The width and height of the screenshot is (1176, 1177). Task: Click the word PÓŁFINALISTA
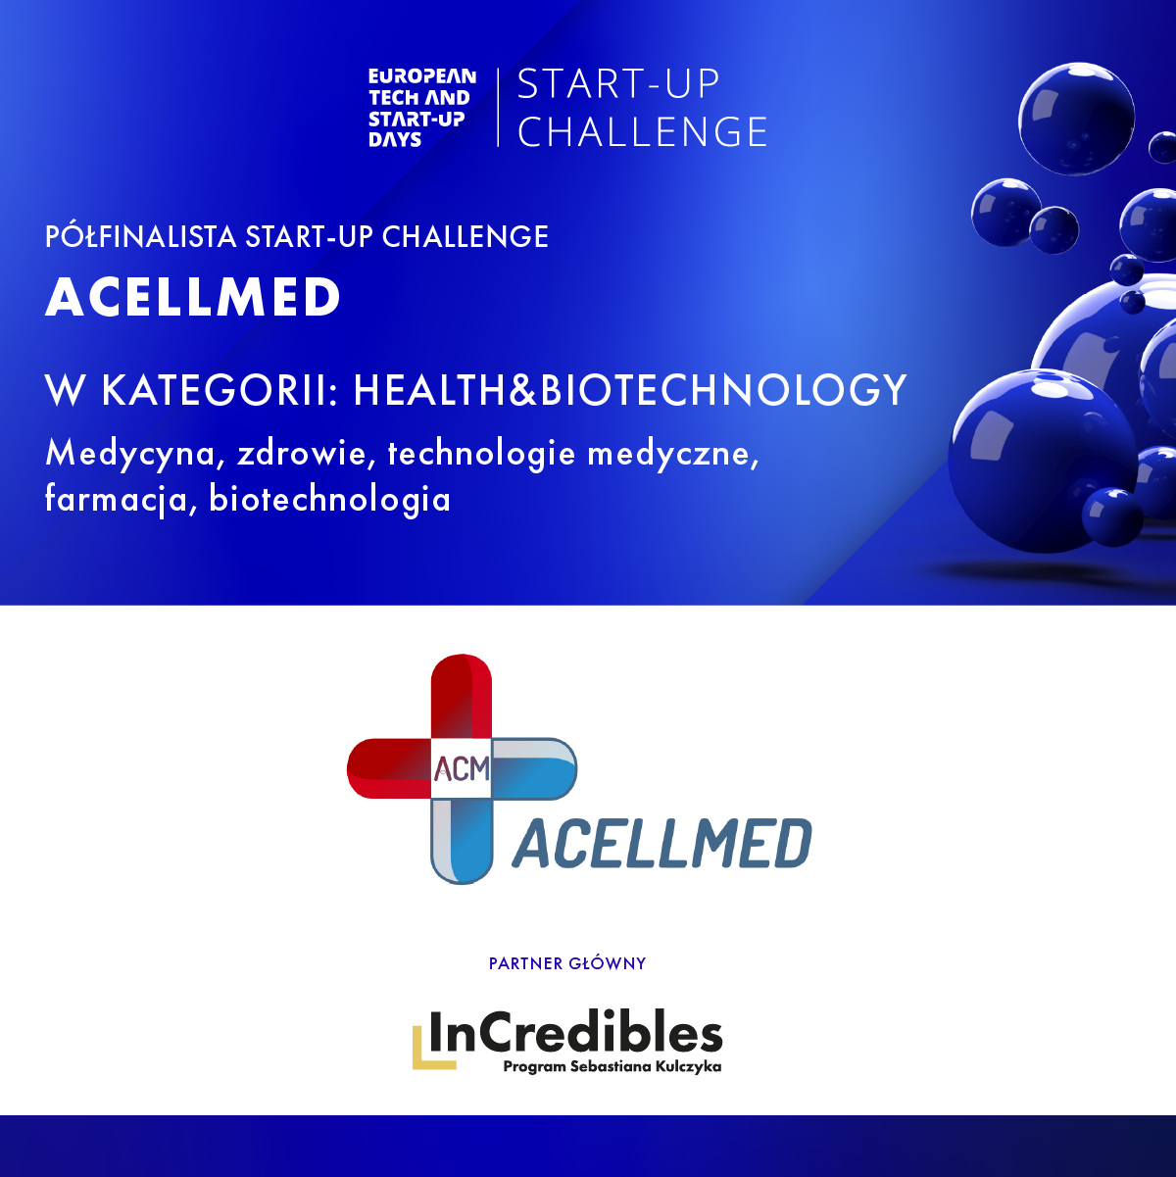(140, 236)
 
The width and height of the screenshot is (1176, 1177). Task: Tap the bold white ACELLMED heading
(192, 297)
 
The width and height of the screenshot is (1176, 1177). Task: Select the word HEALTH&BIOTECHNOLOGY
(630, 390)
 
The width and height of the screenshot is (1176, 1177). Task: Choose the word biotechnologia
(330, 499)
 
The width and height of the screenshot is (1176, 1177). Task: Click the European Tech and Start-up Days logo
(422, 108)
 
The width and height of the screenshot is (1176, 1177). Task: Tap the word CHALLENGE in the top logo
(642, 132)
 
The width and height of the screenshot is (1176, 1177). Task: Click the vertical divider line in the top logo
(498, 108)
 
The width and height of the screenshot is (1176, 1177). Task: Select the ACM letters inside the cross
(462, 768)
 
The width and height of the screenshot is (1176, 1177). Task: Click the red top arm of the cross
(462, 696)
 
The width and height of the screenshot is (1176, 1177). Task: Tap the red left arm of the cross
(388, 768)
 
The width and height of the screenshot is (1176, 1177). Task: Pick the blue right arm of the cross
(534, 768)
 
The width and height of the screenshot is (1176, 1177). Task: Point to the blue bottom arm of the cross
(462, 841)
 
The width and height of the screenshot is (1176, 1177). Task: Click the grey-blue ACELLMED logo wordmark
(662, 843)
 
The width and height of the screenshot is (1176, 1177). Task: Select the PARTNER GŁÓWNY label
(567, 963)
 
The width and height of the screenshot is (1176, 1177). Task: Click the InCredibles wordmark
(575, 1032)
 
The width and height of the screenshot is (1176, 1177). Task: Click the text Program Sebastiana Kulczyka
(612, 1067)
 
